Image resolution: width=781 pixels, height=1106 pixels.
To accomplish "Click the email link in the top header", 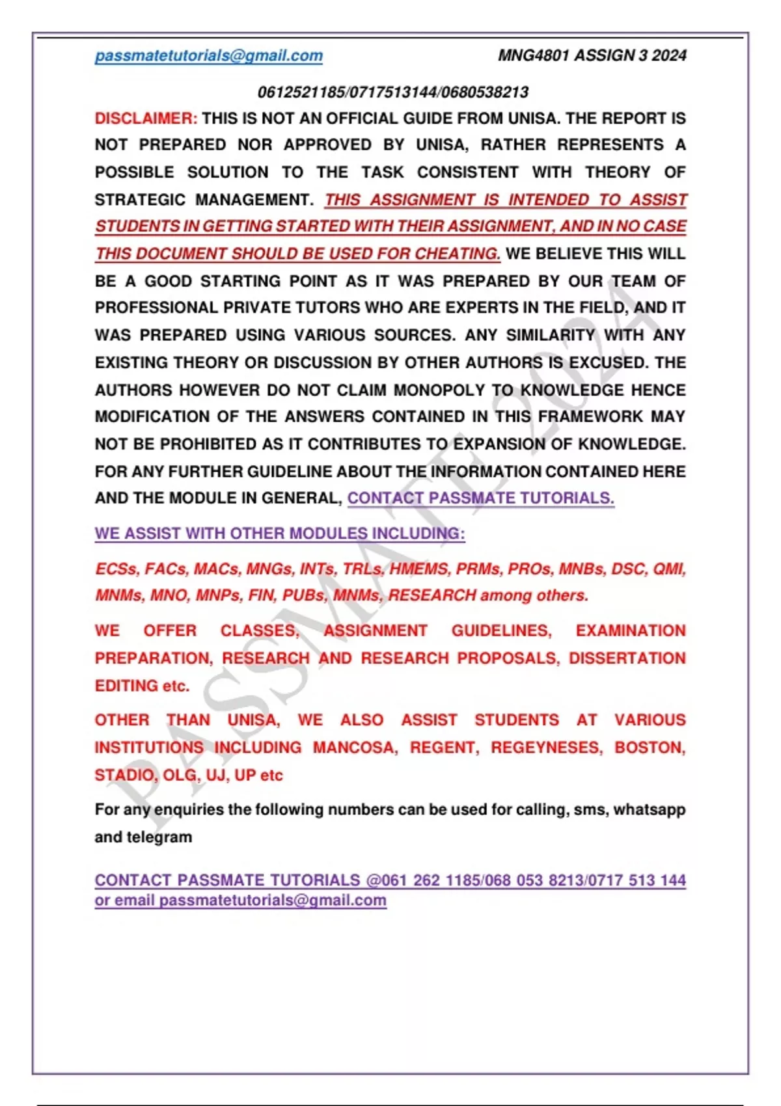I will point(208,56).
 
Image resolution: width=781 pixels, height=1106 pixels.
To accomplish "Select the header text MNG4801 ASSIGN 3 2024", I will point(592,56).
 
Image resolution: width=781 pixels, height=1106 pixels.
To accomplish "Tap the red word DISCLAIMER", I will point(145,118).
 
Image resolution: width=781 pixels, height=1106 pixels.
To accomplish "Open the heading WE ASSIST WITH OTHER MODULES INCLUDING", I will point(280,533).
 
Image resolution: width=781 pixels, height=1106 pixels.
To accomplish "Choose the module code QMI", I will point(669,569).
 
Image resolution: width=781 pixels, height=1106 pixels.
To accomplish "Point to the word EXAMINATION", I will point(630,630).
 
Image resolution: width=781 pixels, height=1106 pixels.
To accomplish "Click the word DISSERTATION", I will point(627,658).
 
